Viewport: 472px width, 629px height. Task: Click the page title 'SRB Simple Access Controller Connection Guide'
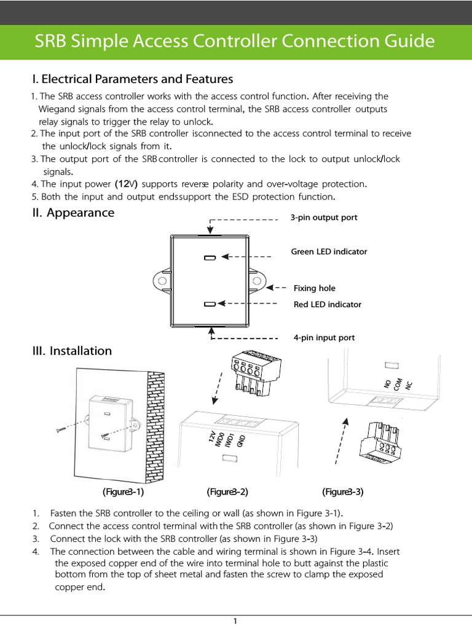235,42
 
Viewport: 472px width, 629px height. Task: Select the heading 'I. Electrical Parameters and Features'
133,79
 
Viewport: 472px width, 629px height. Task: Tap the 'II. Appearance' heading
73,213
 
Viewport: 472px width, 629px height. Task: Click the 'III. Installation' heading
72,351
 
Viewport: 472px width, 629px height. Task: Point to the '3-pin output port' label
323,217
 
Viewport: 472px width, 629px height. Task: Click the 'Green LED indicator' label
328,252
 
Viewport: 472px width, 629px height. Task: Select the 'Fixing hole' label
314,288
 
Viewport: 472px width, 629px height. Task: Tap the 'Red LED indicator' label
327,304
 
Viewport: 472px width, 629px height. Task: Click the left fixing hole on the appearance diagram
162,280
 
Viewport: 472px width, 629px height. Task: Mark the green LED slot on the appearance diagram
210,258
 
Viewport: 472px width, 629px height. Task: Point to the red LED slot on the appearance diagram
210,304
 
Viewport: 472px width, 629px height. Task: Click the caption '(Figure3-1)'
123,491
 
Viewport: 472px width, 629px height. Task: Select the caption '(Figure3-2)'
227,491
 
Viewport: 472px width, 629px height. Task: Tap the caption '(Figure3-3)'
343,491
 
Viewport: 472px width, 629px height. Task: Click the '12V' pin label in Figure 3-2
212,437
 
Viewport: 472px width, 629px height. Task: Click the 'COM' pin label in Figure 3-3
398,385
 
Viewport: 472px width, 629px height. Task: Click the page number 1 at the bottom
235,621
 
